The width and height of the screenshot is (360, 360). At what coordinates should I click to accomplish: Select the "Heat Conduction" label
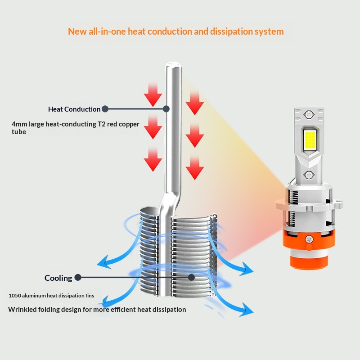click(x=74, y=109)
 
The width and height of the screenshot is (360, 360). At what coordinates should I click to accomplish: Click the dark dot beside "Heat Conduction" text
click(x=105, y=109)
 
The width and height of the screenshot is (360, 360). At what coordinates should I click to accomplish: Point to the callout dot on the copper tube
click(x=166, y=109)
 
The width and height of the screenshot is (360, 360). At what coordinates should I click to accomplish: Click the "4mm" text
click(x=19, y=124)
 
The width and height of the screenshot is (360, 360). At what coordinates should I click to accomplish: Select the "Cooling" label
click(x=58, y=278)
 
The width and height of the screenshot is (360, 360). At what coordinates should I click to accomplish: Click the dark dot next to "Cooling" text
click(x=78, y=278)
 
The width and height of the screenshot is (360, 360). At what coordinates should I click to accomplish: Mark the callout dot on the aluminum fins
click(x=191, y=278)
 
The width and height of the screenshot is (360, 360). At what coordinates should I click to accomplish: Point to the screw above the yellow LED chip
click(x=309, y=114)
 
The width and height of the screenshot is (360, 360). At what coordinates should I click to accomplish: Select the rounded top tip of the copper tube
click(x=173, y=67)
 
